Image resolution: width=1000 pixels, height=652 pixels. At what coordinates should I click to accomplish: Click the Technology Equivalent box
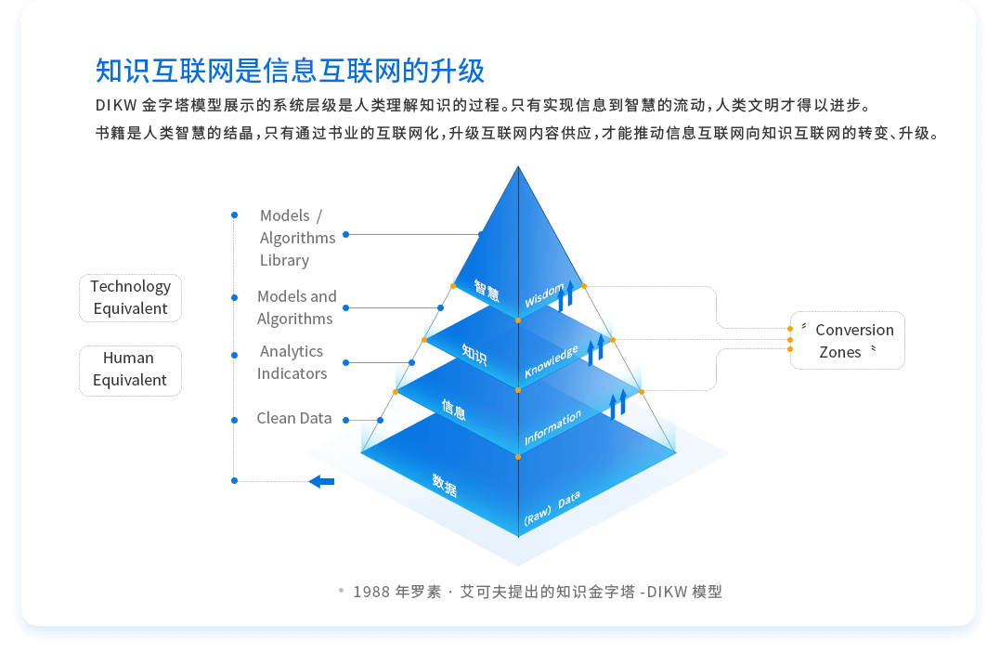point(130,297)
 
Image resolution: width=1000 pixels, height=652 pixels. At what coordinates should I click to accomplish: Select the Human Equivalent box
point(130,369)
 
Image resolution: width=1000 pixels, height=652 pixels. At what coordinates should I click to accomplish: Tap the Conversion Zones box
point(847,341)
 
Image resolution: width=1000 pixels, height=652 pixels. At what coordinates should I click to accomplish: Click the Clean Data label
point(294,418)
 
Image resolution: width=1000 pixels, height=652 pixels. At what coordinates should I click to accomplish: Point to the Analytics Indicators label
point(292,362)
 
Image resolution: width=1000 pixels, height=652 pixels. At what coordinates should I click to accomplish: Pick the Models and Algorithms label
point(296,307)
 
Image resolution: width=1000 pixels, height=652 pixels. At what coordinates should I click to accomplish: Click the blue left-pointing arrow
point(321,481)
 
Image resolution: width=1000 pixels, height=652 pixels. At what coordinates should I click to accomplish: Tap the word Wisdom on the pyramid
point(544,296)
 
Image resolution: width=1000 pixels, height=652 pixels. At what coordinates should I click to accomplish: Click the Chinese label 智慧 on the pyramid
point(487,291)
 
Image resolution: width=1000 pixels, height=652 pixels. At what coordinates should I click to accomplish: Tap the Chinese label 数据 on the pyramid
point(445,485)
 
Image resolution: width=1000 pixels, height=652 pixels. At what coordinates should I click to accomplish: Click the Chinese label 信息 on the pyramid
point(454,409)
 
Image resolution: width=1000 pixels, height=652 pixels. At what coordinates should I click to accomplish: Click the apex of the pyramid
point(518,167)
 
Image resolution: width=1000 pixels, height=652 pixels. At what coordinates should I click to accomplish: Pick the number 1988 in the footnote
point(372,592)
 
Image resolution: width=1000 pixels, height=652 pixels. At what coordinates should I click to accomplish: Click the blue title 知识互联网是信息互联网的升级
point(290,71)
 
